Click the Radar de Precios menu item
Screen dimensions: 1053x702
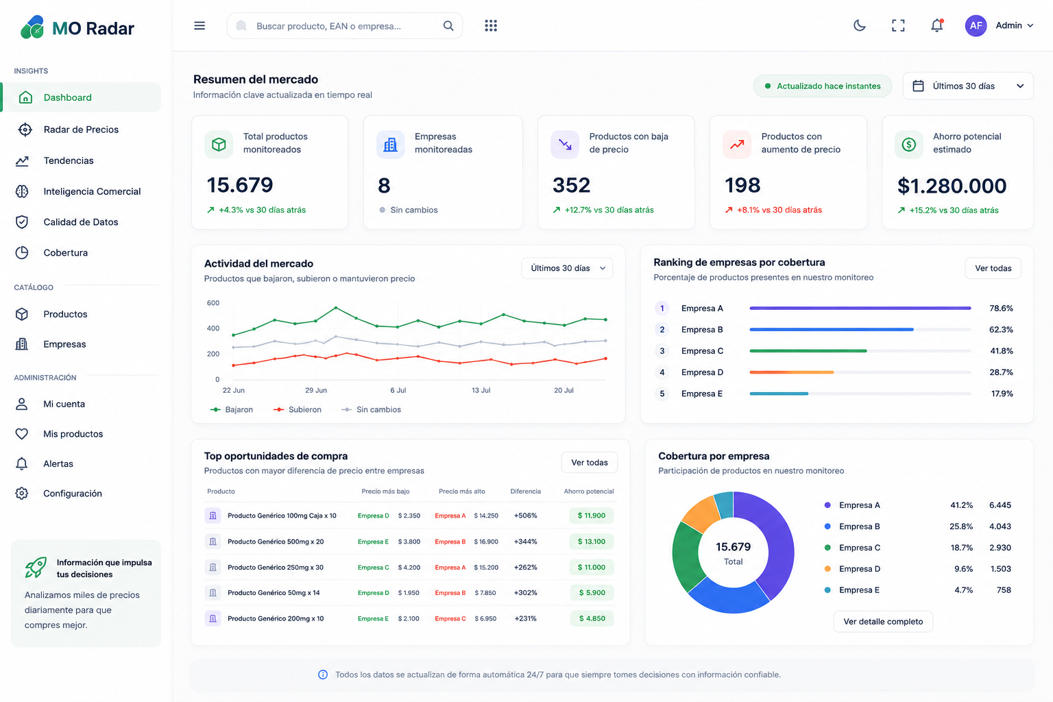tap(81, 130)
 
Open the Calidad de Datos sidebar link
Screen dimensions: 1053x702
tap(80, 222)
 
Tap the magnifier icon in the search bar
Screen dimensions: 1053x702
tap(448, 26)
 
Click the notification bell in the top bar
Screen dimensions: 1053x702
tap(937, 25)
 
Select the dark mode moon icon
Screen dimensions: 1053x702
tap(859, 25)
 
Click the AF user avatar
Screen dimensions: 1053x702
tap(976, 25)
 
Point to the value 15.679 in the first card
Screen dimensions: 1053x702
tap(240, 185)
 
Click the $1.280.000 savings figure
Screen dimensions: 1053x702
tap(952, 186)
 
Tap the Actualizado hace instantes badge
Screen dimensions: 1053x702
tap(822, 86)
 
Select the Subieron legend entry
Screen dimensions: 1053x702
tap(297, 409)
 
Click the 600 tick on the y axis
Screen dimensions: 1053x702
tap(213, 303)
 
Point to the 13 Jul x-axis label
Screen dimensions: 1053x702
tap(481, 390)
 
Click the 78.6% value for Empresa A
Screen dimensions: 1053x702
tap(1001, 308)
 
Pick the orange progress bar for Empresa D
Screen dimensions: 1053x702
tap(792, 372)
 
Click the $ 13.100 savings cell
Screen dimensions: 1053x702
tap(592, 542)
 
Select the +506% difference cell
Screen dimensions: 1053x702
tap(525, 516)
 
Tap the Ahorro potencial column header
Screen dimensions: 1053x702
tap(589, 492)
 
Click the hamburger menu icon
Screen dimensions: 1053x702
tap(199, 25)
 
